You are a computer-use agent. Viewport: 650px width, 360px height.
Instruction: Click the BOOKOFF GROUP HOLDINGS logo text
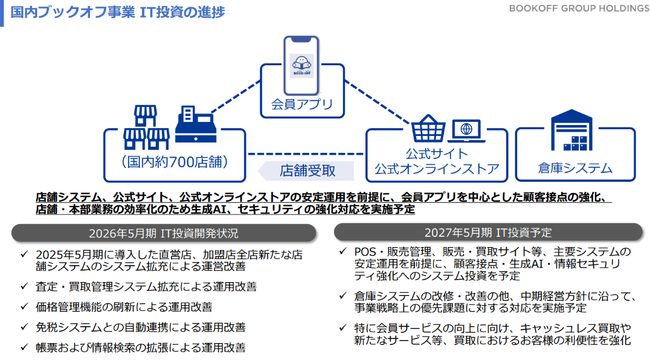(579, 8)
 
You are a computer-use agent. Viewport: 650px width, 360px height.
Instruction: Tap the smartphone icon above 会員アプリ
(301, 65)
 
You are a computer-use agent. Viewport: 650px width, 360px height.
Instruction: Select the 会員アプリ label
(302, 104)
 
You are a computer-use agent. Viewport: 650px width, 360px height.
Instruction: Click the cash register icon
(196, 124)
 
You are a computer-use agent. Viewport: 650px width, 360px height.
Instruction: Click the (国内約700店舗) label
(175, 161)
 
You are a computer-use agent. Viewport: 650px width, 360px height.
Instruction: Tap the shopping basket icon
(428, 129)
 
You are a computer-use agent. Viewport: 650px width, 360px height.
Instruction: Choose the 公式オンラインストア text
(437, 169)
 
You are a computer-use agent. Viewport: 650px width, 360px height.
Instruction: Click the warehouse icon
(571, 130)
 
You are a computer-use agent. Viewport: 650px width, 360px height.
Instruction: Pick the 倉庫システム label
(575, 168)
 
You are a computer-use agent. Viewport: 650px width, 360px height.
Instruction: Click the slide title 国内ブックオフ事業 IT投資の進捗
(118, 12)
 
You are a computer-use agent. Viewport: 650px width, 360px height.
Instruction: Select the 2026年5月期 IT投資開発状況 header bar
(164, 233)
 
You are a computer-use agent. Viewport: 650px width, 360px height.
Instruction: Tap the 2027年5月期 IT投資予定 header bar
(488, 233)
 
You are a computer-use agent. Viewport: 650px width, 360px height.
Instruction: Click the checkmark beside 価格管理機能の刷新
(24, 307)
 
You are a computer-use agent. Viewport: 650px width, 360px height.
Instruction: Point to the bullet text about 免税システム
(141, 327)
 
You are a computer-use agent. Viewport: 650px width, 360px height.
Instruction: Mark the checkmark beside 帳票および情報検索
(24, 347)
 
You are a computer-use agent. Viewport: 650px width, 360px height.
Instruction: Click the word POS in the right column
(365, 252)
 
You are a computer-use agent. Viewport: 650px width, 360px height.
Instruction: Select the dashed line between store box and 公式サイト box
(306, 154)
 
